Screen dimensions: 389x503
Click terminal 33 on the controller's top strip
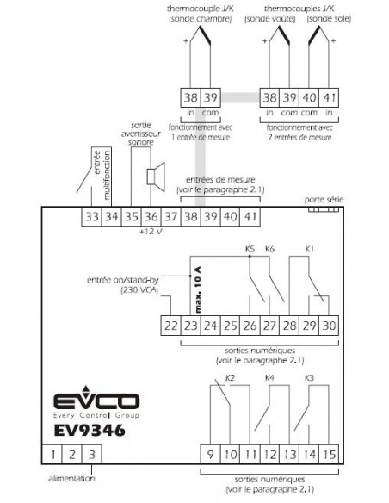[x=91, y=216]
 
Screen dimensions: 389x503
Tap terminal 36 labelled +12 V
[x=151, y=216]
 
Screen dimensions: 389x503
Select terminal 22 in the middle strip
[x=170, y=326]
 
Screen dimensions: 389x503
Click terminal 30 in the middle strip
[x=329, y=326]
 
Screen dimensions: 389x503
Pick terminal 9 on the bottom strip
[x=211, y=454]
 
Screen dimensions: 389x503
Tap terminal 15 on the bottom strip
[x=329, y=454]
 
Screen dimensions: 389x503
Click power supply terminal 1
[x=52, y=454]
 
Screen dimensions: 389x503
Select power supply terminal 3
[x=91, y=454]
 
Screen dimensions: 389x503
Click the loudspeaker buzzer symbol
[x=156, y=177]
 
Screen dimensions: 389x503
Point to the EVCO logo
[x=96, y=402]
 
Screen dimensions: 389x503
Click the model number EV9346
[x=90, y=431]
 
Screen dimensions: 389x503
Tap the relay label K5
[x=250, y=249]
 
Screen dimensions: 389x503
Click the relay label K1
[x=309, y=249]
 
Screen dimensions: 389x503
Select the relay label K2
[x=230, y=378]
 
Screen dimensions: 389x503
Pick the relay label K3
[x=309, y=378]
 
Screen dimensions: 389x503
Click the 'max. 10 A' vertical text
[x=198, y=289]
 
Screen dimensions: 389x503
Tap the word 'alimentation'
[x=71, y=478]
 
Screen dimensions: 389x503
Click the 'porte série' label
[x=324, y=200]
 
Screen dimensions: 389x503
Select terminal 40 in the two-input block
[x=309, y=97]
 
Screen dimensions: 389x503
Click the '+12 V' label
[x=151, y=231]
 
